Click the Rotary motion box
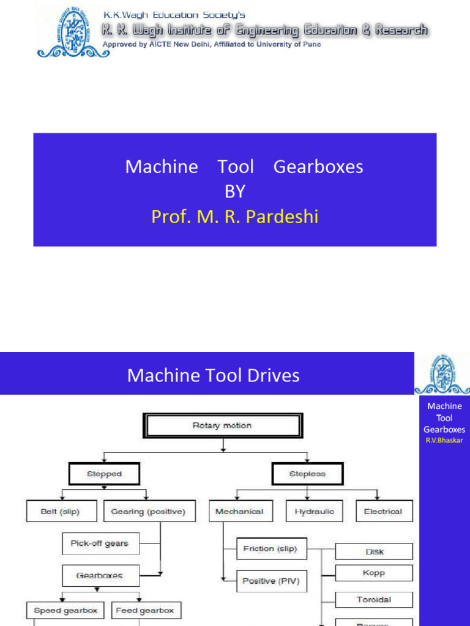pyautogui.click(x=221, y=425)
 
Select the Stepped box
pyautogui.click(x=105, y=474)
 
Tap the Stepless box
pyautogui.click(x=307, y=474)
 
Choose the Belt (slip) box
pyautogui.click(x=60, y=512)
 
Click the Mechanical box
pyautogui.click(x=239, y=512)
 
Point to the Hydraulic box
pyautogui.click(x=315, y=512)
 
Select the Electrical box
pyautogui.click(x=383, y=512)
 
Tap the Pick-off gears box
pyautogui.click(x=99, y=543)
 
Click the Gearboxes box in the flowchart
pyautogui.click(x=99, y=575)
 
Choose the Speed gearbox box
pyautogui.click(x=65, y=610)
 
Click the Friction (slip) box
pyautogui.click(x=270, y=548)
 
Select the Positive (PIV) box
pyautogui.click(x=270, y=581)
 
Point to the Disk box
pyautogui.click(x=375, y=551)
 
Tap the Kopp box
pyautogui.click(x=375, y=573)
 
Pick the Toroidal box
pyautogui.click(x=375, y=600)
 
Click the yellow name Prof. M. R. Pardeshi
pyautogui.click(x=235, y=216)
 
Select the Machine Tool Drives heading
pyautogui.click(x=214, y=375)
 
